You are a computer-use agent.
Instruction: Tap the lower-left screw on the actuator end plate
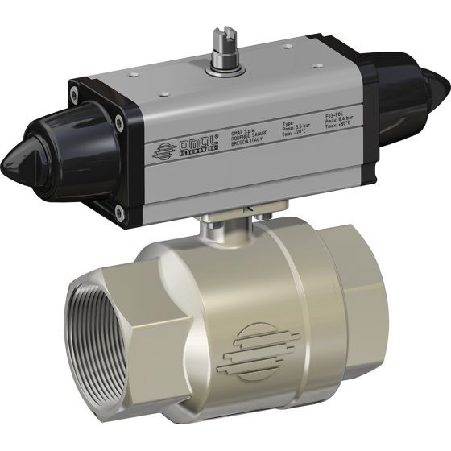point(118,211)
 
